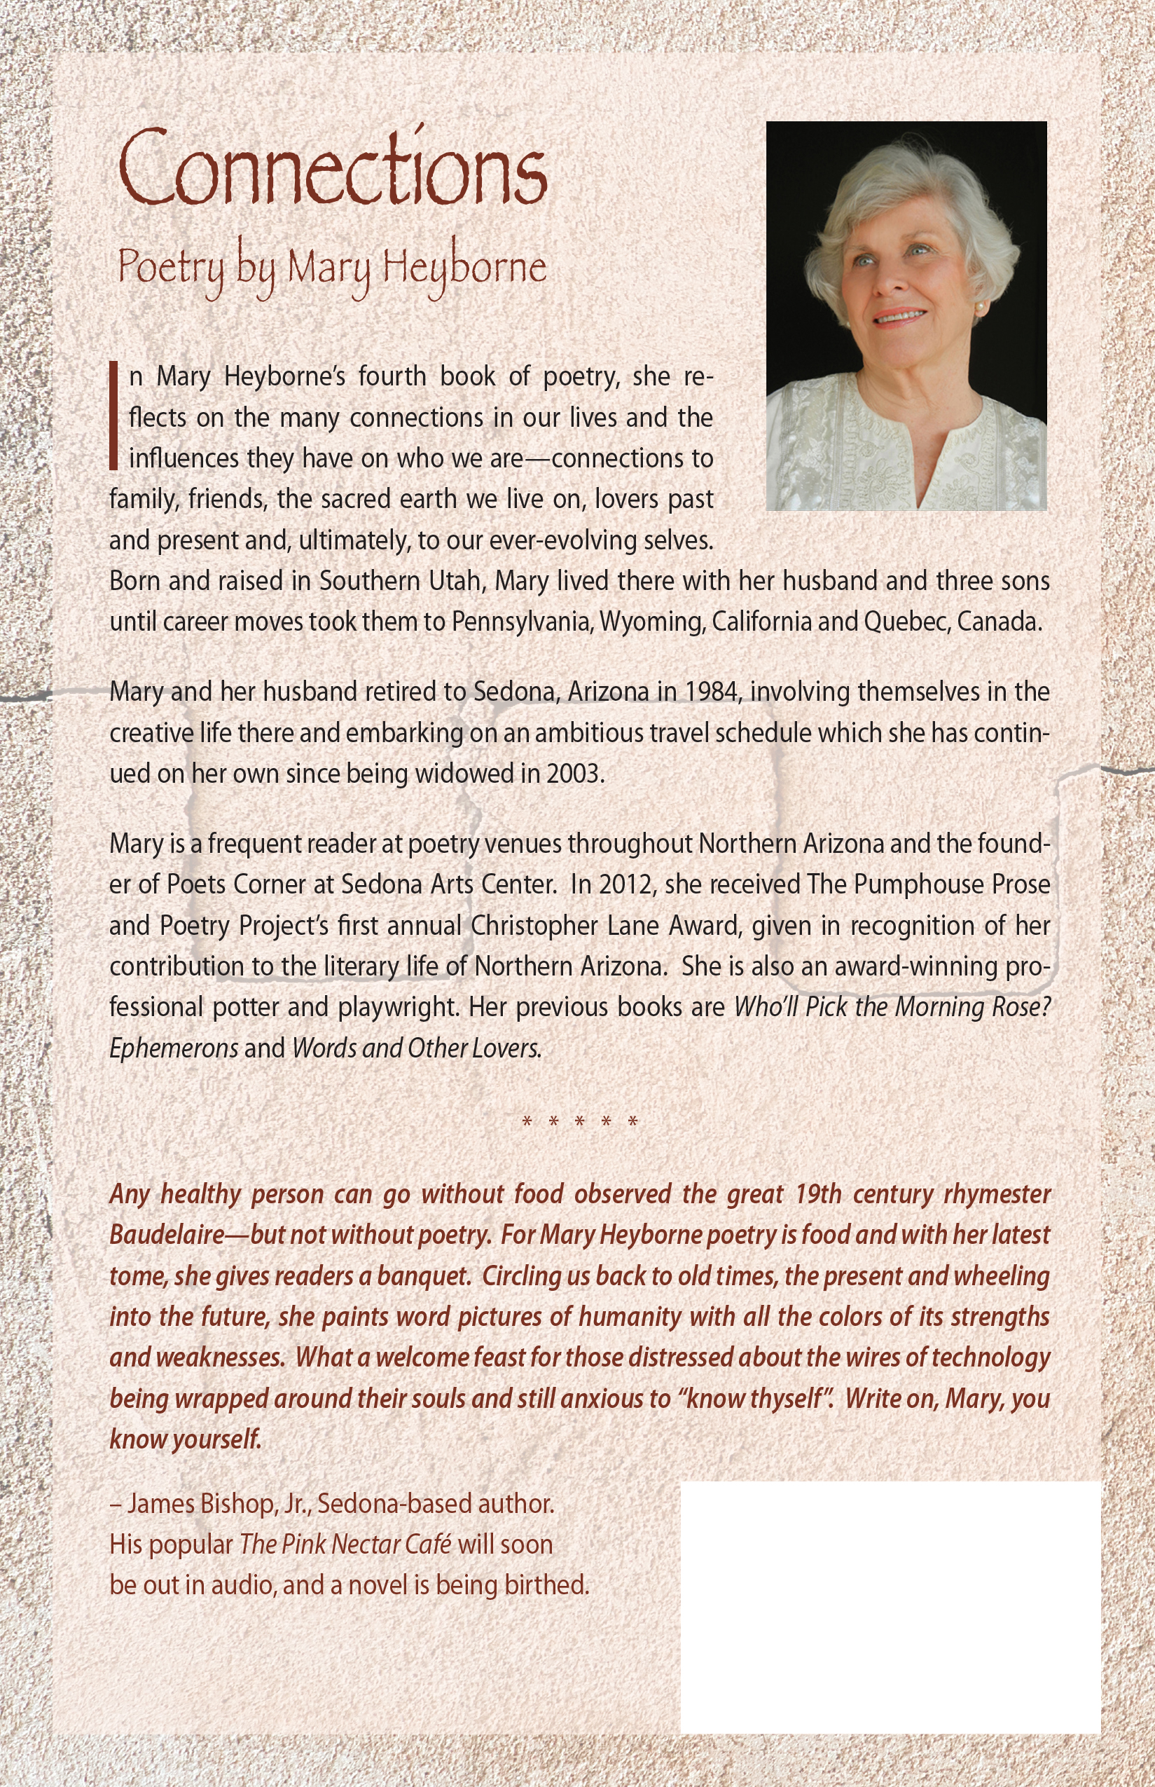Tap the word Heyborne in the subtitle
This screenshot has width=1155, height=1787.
pyautogui.click(x=464, y=267)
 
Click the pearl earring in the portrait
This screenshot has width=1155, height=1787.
pyautogui.click(x=979, y=308)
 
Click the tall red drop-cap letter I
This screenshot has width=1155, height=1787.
pyautogui.click(x=114, y=416)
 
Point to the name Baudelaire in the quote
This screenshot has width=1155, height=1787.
pyautogui.click(x=167, y=1235)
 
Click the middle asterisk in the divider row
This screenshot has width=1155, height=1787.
pyautogui.click(x=580, y=1123)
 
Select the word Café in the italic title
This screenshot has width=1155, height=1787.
pyautogui.click(x=428, y=1545)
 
